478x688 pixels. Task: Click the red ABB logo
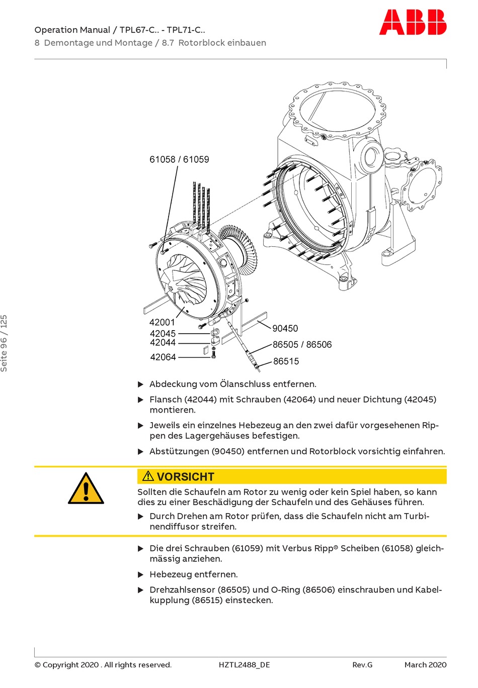point(412,23)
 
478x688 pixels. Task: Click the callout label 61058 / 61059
point(179,159)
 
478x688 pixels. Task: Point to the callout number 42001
point(162,322)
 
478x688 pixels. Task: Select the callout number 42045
point(163,333)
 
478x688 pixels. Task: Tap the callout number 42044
point(163,343)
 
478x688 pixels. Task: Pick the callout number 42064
point(163,357)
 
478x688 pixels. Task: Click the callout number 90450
point(285,328)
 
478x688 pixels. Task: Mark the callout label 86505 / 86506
point(302,345)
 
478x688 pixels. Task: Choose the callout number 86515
point(286,361)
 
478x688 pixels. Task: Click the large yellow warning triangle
point(86,489)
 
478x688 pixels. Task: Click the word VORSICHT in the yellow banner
point(185,476)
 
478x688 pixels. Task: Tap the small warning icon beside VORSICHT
point(148,476)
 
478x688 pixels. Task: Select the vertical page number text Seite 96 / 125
point(4,343)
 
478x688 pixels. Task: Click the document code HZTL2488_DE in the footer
point(244,665)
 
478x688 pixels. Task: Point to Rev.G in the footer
point(362,665)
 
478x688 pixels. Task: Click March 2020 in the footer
point(425,665)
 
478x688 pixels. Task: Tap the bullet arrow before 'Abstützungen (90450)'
point(141,451)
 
